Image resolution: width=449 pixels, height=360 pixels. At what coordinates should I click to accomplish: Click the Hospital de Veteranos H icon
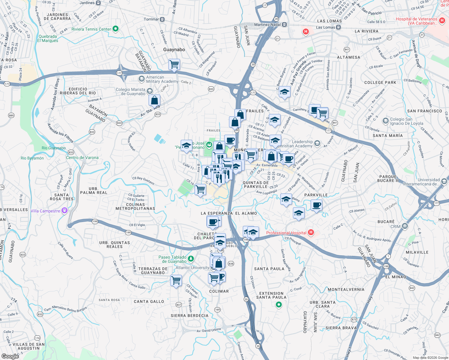[x=441, y=21]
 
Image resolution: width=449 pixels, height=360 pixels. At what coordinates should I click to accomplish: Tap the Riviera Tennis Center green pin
[x=116, y=29]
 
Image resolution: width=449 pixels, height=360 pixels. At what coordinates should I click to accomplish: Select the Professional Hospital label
[x=286, y=233]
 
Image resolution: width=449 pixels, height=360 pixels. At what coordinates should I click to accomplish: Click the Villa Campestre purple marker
[x=64, y=211]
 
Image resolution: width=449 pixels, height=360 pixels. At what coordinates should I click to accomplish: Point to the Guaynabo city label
[x=174, y=49]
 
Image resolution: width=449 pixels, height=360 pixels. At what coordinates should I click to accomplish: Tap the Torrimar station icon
[x=162, y=19]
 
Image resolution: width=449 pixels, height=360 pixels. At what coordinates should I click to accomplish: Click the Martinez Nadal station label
[x=267, y=25]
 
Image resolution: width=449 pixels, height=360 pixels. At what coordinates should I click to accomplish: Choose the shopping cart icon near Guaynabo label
[x=174, y=64]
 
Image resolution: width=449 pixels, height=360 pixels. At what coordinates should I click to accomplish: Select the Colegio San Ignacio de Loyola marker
[x=386, y=121]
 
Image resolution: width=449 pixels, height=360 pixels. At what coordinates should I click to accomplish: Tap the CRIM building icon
[x=405, y=226]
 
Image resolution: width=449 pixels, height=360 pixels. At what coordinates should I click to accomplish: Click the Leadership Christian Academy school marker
[x=317, y=144]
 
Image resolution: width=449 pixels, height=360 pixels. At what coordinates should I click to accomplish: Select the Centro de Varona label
[x=82, y=157]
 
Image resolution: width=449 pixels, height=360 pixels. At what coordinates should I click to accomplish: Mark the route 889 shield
[x=11, y=115]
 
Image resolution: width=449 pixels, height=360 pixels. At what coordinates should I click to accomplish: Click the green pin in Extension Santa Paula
[x=279, y=305]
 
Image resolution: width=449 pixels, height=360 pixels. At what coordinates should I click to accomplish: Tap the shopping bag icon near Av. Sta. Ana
[x=154, y=100]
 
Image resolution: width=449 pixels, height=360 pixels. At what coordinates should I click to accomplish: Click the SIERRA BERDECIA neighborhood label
[x=189, y=316]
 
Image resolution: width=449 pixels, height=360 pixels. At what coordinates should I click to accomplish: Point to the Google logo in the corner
[x=10, y=356]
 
